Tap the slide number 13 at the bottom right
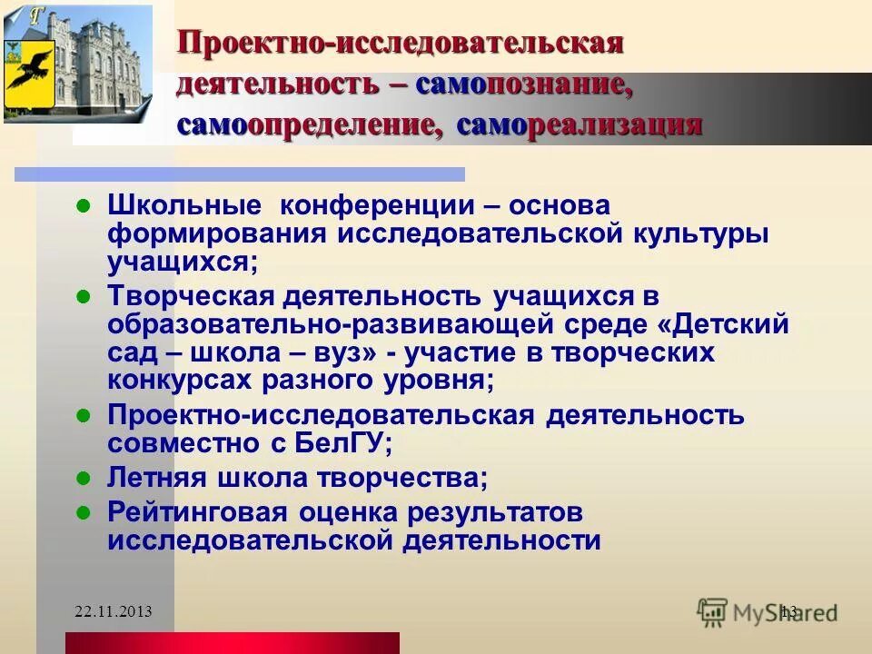788,612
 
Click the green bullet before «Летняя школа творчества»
82,476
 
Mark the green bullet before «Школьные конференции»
82,205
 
